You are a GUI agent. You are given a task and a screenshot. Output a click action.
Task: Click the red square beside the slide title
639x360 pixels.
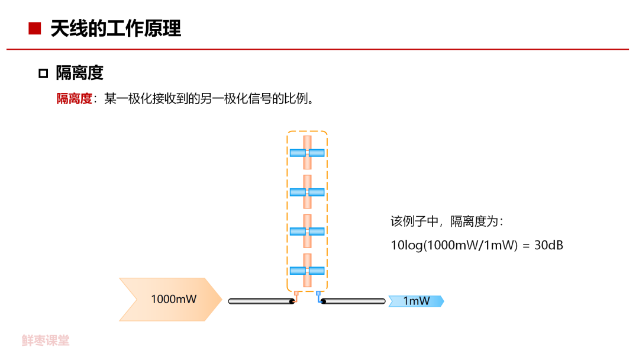click(x=35, y=28)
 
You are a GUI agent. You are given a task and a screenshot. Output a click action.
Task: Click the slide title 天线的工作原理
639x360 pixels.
click(x=116, y=28)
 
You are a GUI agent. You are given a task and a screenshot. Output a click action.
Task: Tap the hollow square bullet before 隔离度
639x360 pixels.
click(x=43, y=73)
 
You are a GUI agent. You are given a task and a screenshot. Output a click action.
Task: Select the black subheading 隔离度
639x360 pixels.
click(x=79, y=73)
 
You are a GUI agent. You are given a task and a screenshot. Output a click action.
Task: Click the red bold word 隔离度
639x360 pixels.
click(x=74, y=99)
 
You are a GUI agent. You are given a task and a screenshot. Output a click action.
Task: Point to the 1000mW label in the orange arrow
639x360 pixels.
click(x=173, y=299)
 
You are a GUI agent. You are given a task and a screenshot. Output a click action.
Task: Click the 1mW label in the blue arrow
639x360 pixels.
click(x=417, y=301)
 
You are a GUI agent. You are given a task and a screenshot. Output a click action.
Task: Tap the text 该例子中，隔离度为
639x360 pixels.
click(x=446, y=221)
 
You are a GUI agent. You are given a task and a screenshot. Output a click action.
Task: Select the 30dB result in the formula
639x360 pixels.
click(x=548, y=245)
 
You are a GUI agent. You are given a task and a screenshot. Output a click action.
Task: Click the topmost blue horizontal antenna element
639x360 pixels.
click(x=307, y=153)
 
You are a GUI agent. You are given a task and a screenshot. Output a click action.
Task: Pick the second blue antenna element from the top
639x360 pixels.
click(x=307, y=192)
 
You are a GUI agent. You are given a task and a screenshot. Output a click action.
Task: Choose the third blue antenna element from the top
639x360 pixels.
click(x=307, y=232)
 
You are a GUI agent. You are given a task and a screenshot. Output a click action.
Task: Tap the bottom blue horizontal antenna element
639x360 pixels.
click(x=307, y=271)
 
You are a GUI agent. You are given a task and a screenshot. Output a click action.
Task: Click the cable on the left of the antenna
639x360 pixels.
click(x=261, y=301)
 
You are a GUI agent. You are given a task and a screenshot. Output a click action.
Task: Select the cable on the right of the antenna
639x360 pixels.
click(x=353, y=301)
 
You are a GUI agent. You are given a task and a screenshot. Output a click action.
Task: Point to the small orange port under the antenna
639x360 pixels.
click(x=296, y=293)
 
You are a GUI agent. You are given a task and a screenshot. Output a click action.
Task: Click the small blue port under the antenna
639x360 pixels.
click(x=318, y=293)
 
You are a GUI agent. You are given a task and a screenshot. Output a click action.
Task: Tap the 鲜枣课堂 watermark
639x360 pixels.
click(x=46, y=340)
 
